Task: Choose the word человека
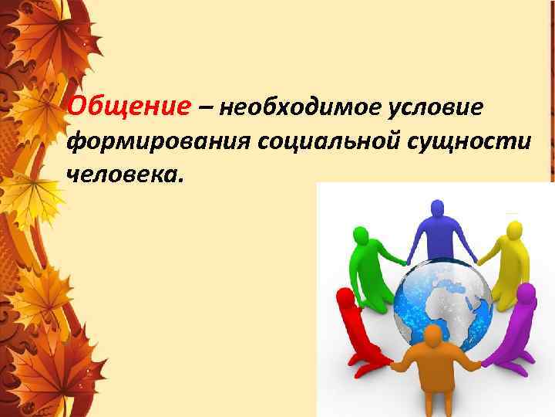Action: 125,177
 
